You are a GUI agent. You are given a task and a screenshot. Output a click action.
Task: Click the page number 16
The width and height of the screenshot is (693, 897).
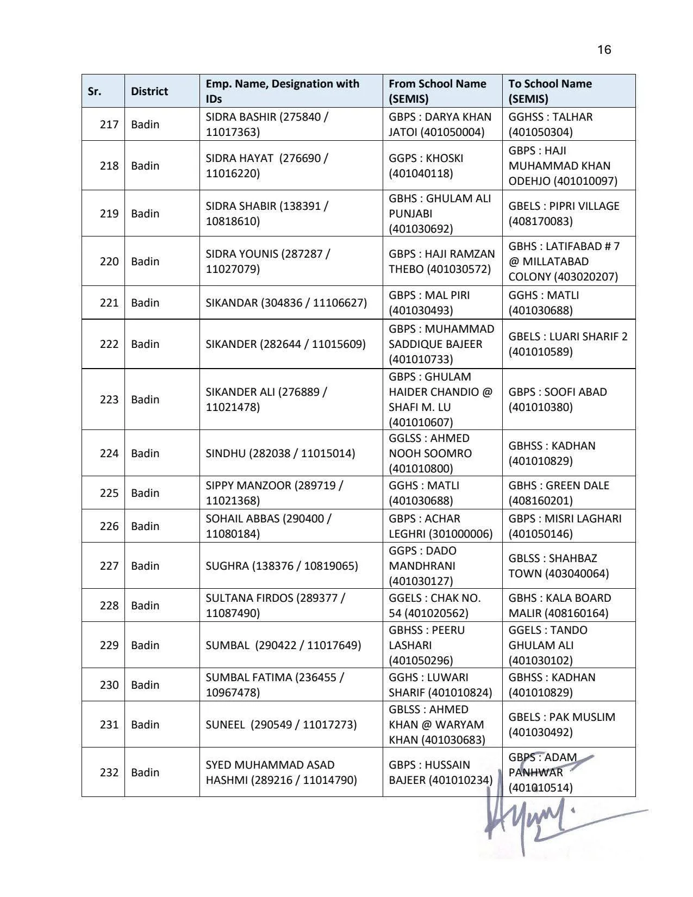604,50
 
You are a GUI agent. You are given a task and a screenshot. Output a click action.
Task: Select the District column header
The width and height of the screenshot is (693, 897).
149,91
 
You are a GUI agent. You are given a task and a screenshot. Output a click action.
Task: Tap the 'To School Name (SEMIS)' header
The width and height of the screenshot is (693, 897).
550,91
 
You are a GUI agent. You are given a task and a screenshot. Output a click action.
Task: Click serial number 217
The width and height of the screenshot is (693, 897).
109,124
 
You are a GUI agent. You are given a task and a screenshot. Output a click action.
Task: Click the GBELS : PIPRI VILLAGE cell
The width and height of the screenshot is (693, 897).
564,214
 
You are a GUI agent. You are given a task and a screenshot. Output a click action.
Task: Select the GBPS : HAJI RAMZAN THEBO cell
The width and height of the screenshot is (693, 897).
441,261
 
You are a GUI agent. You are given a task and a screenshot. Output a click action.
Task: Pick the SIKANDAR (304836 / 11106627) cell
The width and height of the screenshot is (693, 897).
286,303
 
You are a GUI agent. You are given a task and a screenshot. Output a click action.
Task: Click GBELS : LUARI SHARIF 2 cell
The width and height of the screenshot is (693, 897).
567,344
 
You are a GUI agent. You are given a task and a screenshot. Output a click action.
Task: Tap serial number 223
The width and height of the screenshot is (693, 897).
109,400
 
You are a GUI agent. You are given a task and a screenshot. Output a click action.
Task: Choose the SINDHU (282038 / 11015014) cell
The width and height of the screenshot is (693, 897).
280,453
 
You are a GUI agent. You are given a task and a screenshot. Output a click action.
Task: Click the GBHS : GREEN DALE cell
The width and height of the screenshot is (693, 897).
559,493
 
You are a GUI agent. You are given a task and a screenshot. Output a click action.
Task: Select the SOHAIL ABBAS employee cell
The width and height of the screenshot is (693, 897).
269,526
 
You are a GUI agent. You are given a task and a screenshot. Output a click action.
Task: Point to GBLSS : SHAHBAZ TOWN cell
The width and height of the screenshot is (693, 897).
558,566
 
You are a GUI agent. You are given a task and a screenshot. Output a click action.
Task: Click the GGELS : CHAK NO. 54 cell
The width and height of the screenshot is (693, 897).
434,606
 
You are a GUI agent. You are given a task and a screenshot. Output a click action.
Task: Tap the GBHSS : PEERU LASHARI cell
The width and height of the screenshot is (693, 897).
427,645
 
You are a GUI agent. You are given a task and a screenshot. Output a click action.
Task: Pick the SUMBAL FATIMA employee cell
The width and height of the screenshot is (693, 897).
274,685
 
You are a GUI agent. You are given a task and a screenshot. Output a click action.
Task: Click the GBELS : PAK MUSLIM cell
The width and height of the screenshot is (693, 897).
561,725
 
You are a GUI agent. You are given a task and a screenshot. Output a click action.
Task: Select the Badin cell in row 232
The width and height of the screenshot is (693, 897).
145,773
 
